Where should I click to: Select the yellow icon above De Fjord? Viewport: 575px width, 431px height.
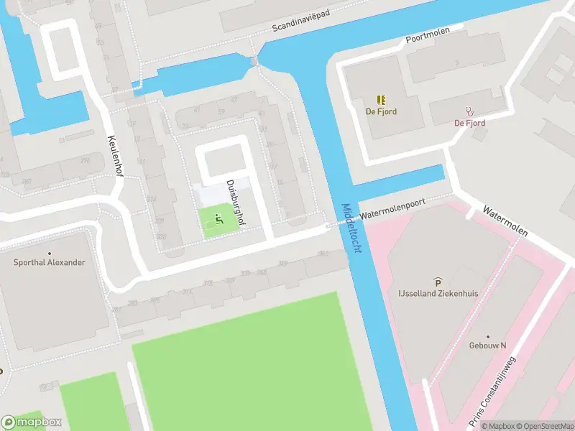381,100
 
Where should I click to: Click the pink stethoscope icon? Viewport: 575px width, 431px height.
470,111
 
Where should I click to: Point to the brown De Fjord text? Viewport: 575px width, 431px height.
381,111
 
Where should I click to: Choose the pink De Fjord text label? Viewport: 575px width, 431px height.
469,123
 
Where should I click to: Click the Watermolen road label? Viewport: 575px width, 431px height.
505,223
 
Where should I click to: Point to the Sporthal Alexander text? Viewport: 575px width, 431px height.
49,262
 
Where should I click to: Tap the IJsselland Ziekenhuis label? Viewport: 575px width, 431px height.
438,294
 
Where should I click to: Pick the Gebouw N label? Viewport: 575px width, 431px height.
487,346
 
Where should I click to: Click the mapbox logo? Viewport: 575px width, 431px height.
32,422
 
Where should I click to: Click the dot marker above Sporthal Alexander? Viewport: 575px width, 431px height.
49,253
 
